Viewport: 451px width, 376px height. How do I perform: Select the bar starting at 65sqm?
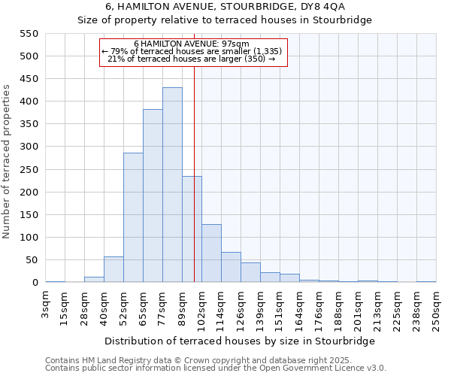(x=153, y=196)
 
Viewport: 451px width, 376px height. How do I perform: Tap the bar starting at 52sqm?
(x=133, y=218)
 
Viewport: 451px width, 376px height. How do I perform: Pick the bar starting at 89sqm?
(x=192, y=229)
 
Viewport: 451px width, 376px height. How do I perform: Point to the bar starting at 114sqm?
(x=231, y=268)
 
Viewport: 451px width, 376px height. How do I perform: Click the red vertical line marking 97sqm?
(x=195, y=150)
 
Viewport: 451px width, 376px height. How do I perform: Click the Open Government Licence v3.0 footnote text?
(x=216, y=368)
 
